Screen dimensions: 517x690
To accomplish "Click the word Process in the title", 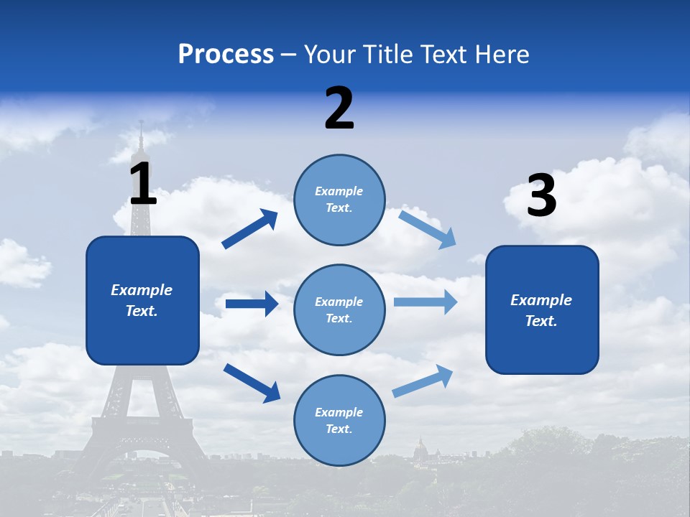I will (x=226, y=54).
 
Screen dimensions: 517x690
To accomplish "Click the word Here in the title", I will (x=502, y=54).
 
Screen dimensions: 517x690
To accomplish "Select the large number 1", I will (x=142, y=184).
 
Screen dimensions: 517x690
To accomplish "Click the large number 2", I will (x=339, y=108).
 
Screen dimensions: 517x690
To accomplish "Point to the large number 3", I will (x=541, y=196).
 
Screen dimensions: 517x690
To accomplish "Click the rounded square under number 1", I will (x=142, y=300).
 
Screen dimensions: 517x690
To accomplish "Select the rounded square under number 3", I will (x=542, y=309).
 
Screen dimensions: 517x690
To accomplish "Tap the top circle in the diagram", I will (x=339, y=199).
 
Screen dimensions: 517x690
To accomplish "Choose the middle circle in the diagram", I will (x=339, y=309).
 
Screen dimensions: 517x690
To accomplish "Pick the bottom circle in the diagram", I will (x=339, y=420).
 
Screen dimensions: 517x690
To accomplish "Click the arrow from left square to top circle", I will (x=250, y=229).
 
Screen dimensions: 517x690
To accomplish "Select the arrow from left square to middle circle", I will (x=252, y=304).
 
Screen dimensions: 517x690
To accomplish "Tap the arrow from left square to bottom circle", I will (x=252, y=382).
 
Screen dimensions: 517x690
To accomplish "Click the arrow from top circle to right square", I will (x=427, y=228).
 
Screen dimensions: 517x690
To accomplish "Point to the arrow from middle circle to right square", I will (x=425, y=302).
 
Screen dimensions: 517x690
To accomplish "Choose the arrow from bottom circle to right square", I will (x=423, y=381).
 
